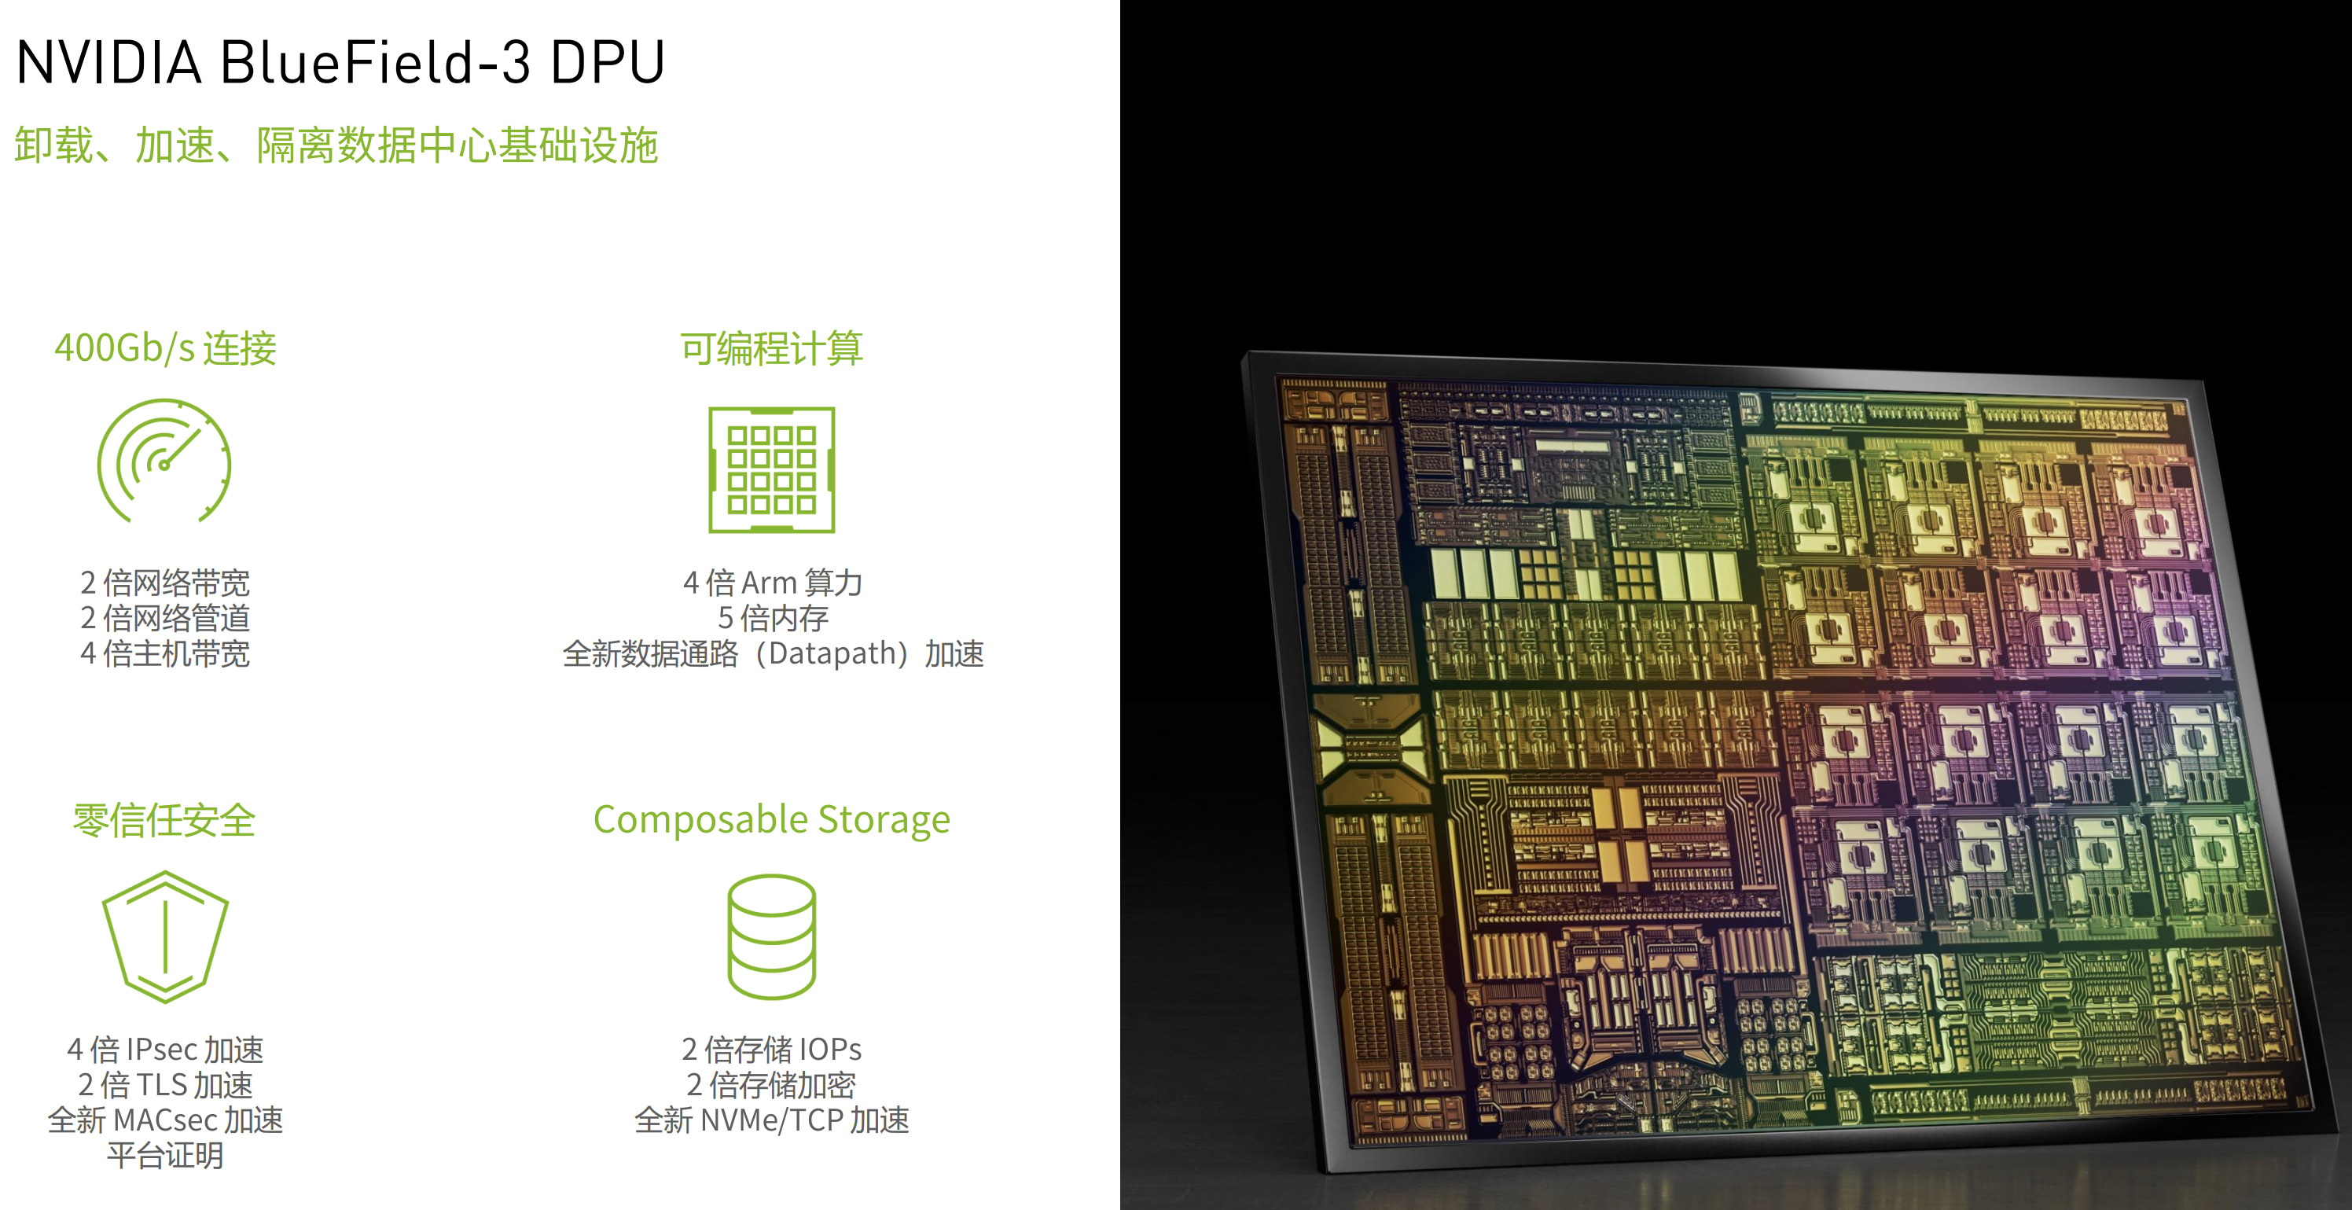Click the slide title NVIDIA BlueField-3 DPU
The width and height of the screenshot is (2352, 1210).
pos(340,62)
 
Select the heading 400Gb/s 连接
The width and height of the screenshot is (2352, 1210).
pos(165,349)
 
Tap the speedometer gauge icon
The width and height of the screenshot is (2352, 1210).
pos(164,462)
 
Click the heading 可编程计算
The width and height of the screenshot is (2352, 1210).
pos(771,349)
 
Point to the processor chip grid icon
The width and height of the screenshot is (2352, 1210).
pos(771,469)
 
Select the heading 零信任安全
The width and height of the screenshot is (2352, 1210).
pos(164,820)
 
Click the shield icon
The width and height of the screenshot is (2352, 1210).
pos(165,937)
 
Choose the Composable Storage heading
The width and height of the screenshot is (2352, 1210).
pos(771,820)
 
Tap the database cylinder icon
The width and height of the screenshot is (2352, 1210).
pos(771,937)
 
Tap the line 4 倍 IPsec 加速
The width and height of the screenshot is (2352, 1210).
pos(165,1050)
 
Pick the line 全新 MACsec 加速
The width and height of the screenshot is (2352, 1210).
pos(165,1120)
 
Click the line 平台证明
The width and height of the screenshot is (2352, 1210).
pos(165,1156)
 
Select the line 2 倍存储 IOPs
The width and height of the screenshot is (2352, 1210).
pos(771,1050)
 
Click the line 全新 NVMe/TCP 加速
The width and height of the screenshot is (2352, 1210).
pos(771,1120)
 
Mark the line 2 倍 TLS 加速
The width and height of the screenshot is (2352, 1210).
pos(165,1086)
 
